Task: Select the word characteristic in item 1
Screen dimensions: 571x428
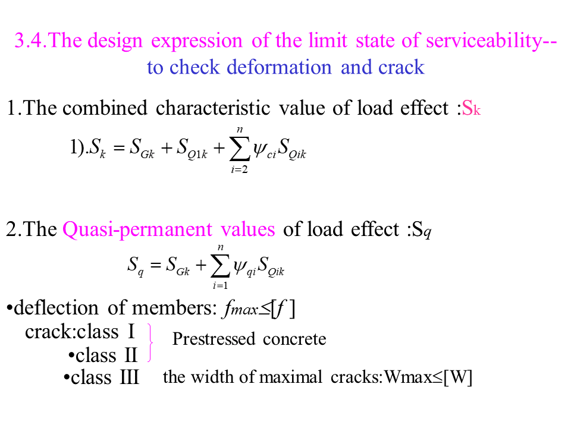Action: tap(264, 108)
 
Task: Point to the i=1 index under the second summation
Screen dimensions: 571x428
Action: tap(221, 286)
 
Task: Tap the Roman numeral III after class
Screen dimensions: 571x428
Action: tap(129, 377)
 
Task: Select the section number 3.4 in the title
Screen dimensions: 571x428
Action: tap(30, 42)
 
